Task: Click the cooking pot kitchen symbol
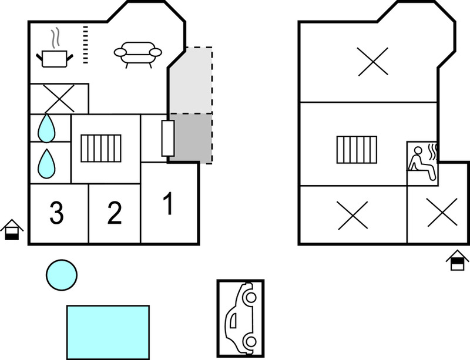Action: [x=55, y=59]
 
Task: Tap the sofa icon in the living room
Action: [x=138, y=54]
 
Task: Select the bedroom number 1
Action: [x=169, y=204]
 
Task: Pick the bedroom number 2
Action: [x=115, y=213]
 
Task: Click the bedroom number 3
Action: [x=56, y=213]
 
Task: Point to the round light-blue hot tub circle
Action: [x=62, y=275]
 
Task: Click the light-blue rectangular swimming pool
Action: [x=108, y=332]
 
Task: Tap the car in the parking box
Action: [x=241, y=318]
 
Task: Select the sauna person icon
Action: [x=422, y=163]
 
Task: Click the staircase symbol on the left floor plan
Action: [x=101, y=149]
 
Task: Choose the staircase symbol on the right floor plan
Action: [x=357, y=150]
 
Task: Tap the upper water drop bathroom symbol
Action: [x=46, y=128]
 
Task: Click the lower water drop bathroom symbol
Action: [x=46, y=164]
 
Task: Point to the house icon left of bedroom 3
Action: [x=12, y=230]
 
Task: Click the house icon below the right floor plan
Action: [x=457, y=260]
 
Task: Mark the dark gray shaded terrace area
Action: [x=190, y=139]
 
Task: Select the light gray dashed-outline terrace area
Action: [x=192, y=80]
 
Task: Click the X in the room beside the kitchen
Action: [x=59, y=98]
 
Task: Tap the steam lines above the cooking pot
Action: [x=55, y=38]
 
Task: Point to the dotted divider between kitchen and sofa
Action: [x=86, y=45]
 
